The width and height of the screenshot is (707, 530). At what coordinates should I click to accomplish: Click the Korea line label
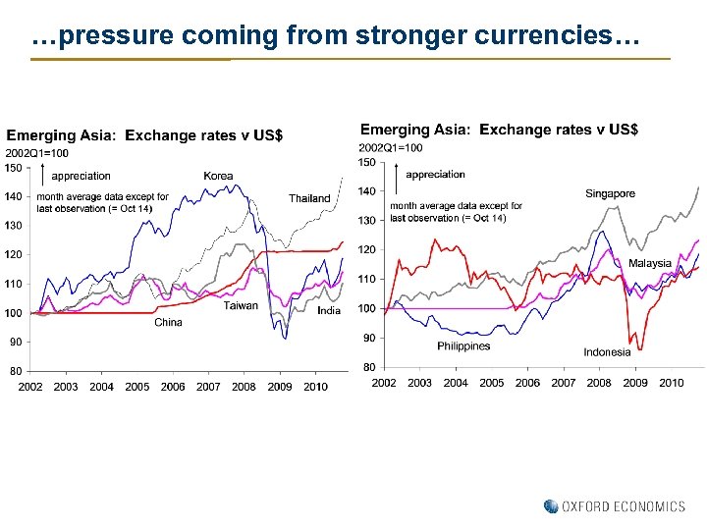(x=218, y=176)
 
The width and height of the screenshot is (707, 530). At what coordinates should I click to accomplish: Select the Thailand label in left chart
(x=309, y=198)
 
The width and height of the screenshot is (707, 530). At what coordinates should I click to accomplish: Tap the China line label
(x=168, y=322)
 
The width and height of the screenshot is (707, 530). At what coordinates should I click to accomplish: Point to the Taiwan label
(x=241, y=306)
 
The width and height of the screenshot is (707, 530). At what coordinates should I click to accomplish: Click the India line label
(x=329, y=310)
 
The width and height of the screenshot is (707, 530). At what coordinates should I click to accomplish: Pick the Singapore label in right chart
(x=610, y=193)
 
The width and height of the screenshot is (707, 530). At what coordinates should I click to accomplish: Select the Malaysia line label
(x=649, y=263)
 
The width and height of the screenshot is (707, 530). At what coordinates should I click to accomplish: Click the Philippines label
(x=463, y=345)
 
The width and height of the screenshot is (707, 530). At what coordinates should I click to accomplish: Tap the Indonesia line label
(x=607, y=352)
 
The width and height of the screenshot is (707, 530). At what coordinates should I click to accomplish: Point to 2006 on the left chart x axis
(x=173, y=388)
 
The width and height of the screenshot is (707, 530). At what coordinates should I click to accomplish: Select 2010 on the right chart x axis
(x=671, y=383)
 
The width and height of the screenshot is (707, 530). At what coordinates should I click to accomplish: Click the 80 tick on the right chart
(x=367, y=367)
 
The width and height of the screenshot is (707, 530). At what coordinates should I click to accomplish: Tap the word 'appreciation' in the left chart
(x=81, y=177)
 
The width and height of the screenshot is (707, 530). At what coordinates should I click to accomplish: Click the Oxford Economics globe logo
(x=551, y=506)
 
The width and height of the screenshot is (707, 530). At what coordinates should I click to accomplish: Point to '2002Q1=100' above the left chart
(x=37, y=153)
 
